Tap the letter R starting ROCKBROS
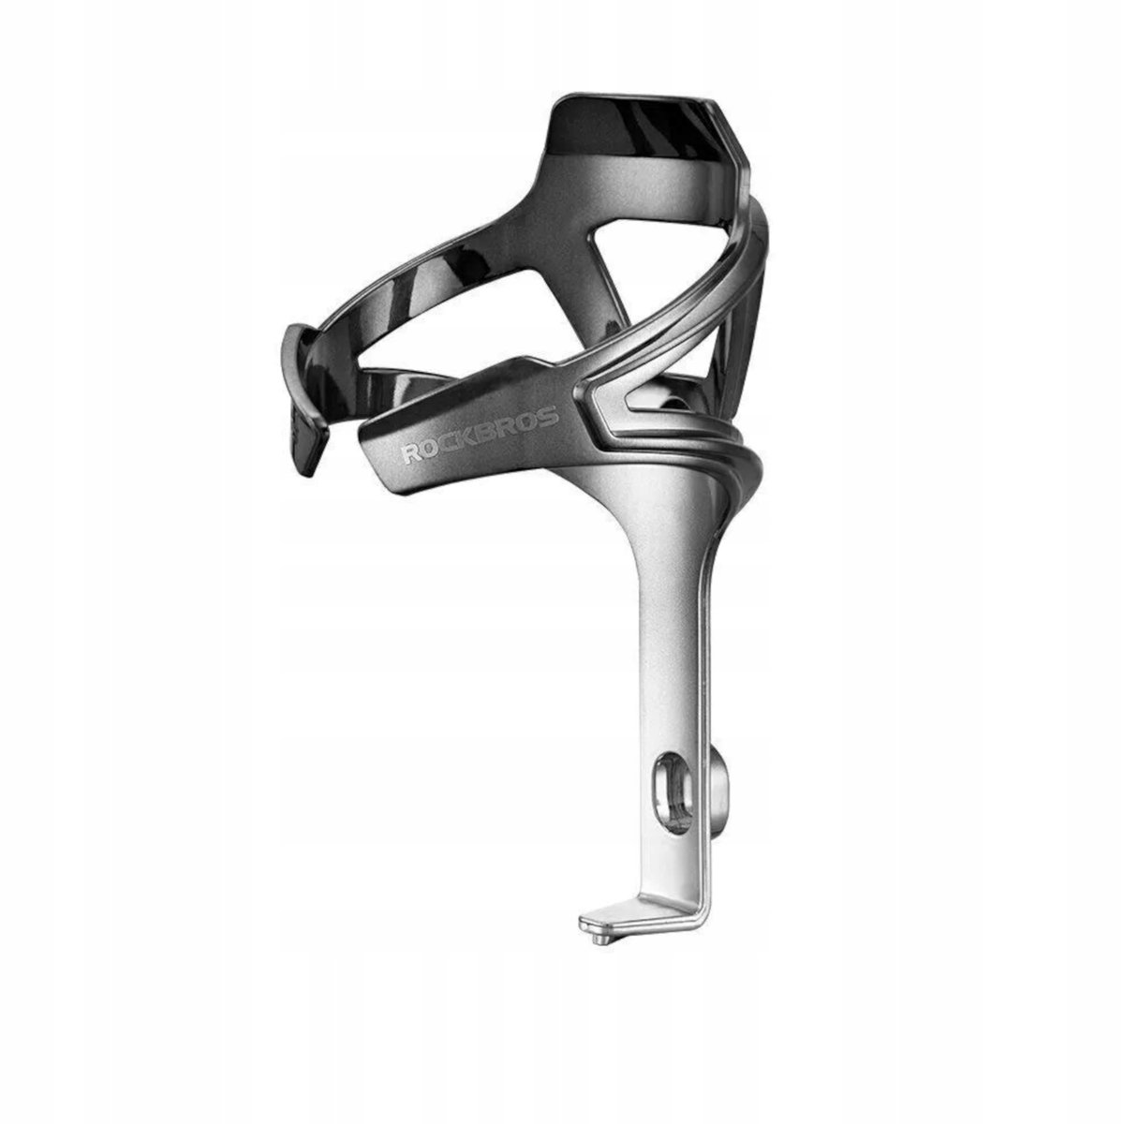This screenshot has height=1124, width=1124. click(413, 453)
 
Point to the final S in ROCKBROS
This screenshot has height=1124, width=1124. click(550, 414)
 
